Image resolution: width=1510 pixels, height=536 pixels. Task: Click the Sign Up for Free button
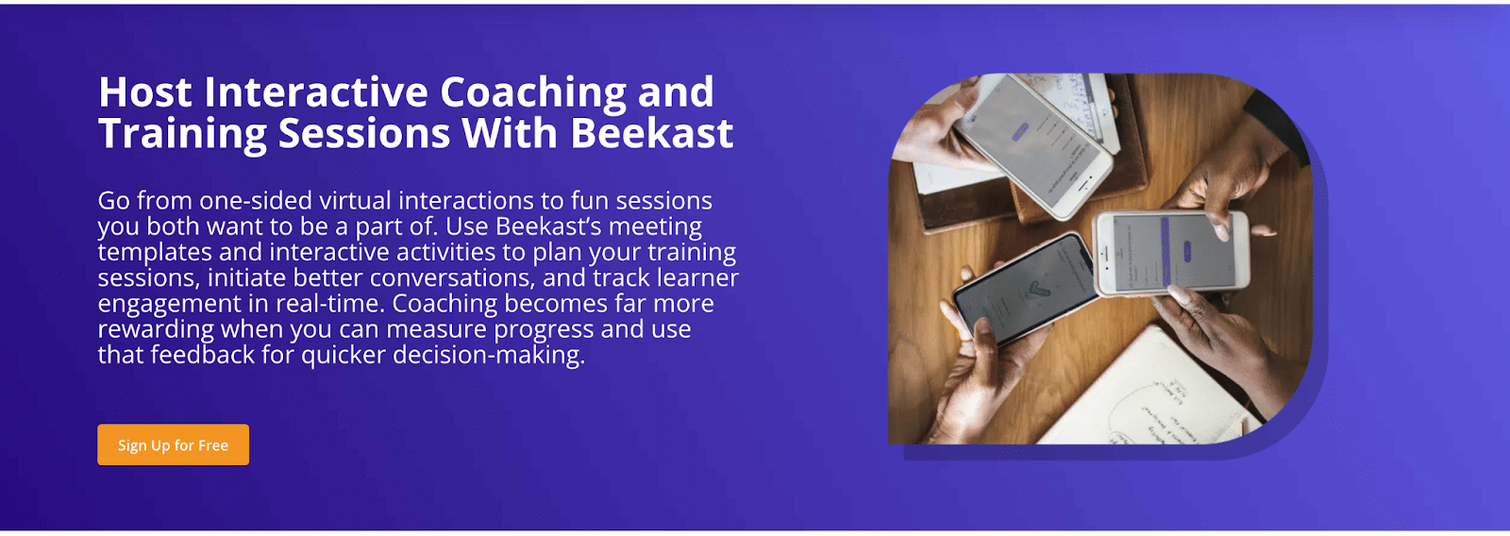pyautogui.click(x=174, y=444)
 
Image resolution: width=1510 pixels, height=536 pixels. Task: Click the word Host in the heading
pyautogui.click(x=145, y=92)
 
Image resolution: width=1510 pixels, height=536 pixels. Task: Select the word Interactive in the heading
pyautogui.click(x=316, y=92)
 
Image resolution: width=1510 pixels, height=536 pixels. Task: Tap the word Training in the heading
pyautogui.click(x=183, y=134)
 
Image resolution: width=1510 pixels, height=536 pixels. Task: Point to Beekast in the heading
pyautogui.click(x=652, y=133)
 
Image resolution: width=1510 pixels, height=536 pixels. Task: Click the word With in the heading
pyautogui.click(x=510, y=133)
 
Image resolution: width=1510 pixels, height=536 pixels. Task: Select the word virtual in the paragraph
pyautogui.click(x=355, y=200)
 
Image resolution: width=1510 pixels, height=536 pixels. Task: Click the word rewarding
pyautogui.click(x=156, y=329)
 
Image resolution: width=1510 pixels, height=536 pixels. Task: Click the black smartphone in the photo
pyautogui.click(x=1024, y=288)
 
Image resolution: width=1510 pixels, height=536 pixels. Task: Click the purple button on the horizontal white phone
pyautogui.click(x=1187, y=251)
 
